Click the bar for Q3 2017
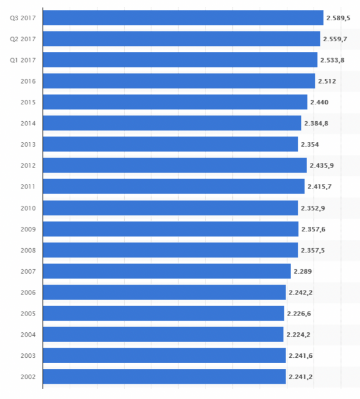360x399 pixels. (183, 18)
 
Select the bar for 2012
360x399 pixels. (175, 165)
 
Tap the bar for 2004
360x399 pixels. (163, 334)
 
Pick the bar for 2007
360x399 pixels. (167, 271)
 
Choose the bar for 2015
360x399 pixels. (175, 102)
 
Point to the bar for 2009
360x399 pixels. (171, 229)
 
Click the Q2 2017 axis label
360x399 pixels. (23, 39)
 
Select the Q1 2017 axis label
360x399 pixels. (23, 60)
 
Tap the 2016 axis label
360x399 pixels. (28, 81)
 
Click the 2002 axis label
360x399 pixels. (28, 377)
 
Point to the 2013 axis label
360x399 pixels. (28, 144)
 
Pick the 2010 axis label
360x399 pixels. (28, 208)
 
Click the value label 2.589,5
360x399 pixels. (339, 19)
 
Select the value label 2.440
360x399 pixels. (319, 102)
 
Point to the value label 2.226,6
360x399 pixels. (299, 313)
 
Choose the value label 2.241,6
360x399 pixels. (300, 356)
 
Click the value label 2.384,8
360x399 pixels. (316, 124)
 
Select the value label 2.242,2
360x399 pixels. (300, 292)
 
